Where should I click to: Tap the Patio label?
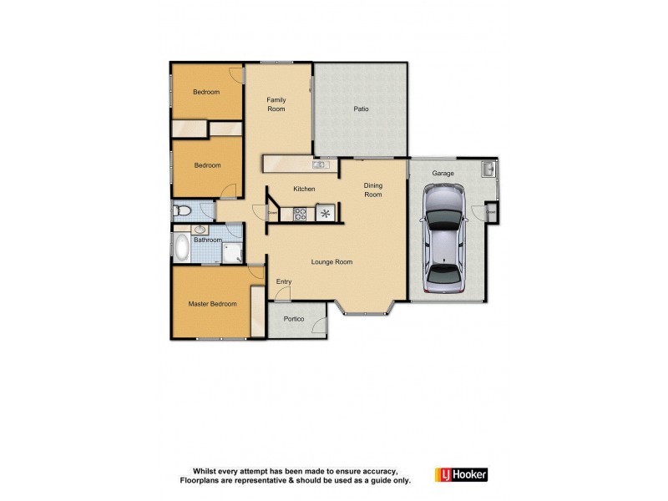pyautogui.click(x=361, y=109)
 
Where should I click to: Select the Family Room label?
pyautogui.click(x=276, y=104)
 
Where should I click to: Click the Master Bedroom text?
pyautogui.click(x=212, y=304)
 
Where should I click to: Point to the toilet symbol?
pyautogui.click(x=183, y=210)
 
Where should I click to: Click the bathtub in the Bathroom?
pyautogui.click(x=181, y=247)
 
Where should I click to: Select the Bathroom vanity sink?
pyautogui.click(x=200, y=228)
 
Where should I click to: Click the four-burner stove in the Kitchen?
pyautogui.click(x=301, y=213)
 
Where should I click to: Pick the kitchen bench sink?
pyautogui.click(x=319, y=164)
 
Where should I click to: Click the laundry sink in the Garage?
pyautogui.click(x=488, y=170)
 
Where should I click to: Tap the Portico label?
pyautogui.click(x=293, y=320)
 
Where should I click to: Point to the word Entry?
pyautogui.click(x=284, y=282)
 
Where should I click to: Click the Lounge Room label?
pyautogui.click(x=331, y=262)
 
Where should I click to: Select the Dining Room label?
pyautogui.click(x=372, y=190)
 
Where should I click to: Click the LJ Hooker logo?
pyautogui.click(x=461, y=474)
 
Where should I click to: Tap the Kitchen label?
pyautogui.click(x=304, y=190)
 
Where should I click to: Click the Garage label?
pyautogui.click(x=443, y=174)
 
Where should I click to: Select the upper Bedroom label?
pyautogui.click(x=206, y=93)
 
